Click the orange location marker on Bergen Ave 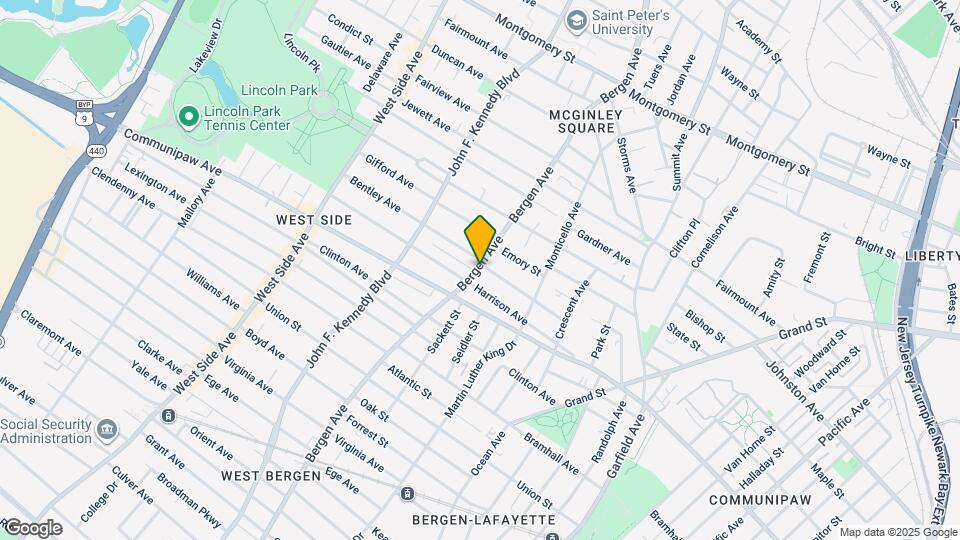point(481,239)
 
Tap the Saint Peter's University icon point(576,19)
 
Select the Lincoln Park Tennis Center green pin point(187,117)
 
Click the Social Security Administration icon point(107,431)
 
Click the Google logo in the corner point(32,528)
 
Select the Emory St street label point(521,262)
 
